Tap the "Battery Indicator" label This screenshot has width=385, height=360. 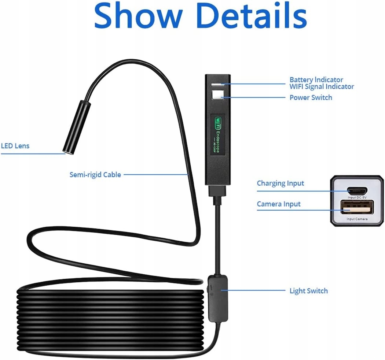(x=316, y=79)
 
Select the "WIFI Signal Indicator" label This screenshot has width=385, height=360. (x=322, y=87)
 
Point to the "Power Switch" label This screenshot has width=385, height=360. (x=311, y=97)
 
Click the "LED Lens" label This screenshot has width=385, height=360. (x=15, y=146)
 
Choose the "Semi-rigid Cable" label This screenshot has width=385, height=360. (x=95, y=175)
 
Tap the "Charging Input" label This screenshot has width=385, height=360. (x=280, y=183)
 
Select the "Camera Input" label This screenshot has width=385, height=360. (x=278, y=204)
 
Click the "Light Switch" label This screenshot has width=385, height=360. (x=308, y=291)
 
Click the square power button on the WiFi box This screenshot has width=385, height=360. (x=217, y=95)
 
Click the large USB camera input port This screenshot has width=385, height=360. (x=357, y=207)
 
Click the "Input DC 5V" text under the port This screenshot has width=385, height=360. (x=357, y=197)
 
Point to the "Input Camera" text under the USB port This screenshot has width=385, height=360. (x=357, y=219)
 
